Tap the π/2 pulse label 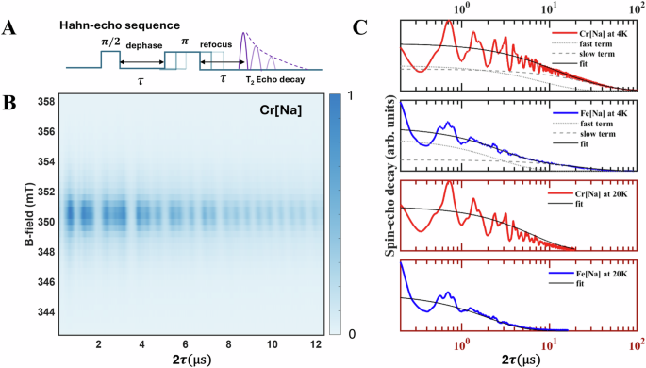(106, 43)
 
